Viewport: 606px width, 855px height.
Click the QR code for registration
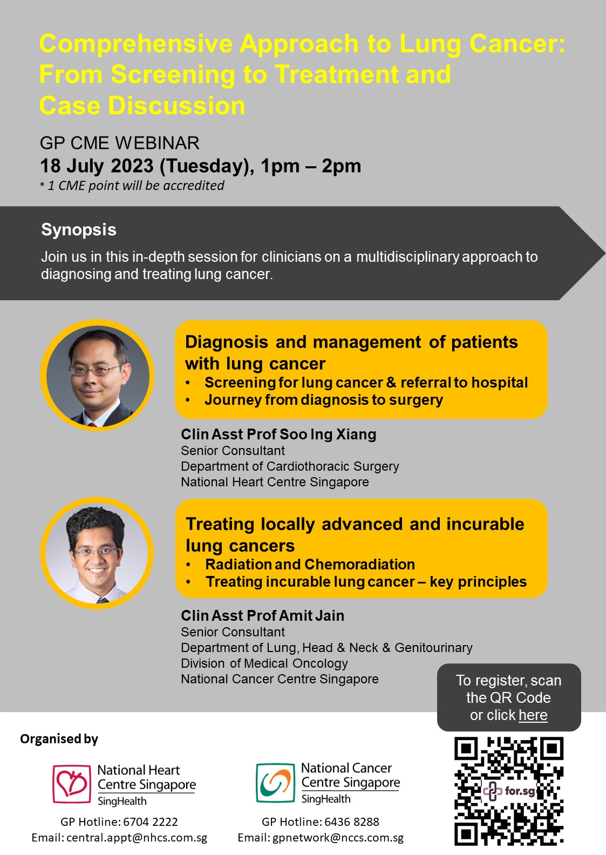(x=509, y=790)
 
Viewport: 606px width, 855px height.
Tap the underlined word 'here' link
(x=533, y=715)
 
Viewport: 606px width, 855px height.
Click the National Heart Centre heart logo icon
(x=72, y=784)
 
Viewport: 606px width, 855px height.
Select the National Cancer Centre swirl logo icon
(x=275, y=783)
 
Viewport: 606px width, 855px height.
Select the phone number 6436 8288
(x=355, y=822)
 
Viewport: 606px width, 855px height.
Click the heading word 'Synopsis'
(x=79, y=230)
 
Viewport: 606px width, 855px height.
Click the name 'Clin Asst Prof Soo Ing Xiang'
(x=278, y=435)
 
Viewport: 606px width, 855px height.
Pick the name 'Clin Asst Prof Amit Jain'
(x=263, y=616)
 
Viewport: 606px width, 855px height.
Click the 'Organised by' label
(x=59, y=739)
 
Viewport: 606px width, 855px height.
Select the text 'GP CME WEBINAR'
(x=119, y=143)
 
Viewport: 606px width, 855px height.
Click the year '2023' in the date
(x=132, y=166)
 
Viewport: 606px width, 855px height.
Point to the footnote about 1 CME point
(x=132, y=186)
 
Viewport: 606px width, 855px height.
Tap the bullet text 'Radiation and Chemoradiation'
(x=310, y=564)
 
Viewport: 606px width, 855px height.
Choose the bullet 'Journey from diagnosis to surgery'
(x=324, y=400)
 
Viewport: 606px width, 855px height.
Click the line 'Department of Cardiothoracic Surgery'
(x=290, y=466)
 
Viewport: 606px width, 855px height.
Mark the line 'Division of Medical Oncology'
(x=264, y=664)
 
